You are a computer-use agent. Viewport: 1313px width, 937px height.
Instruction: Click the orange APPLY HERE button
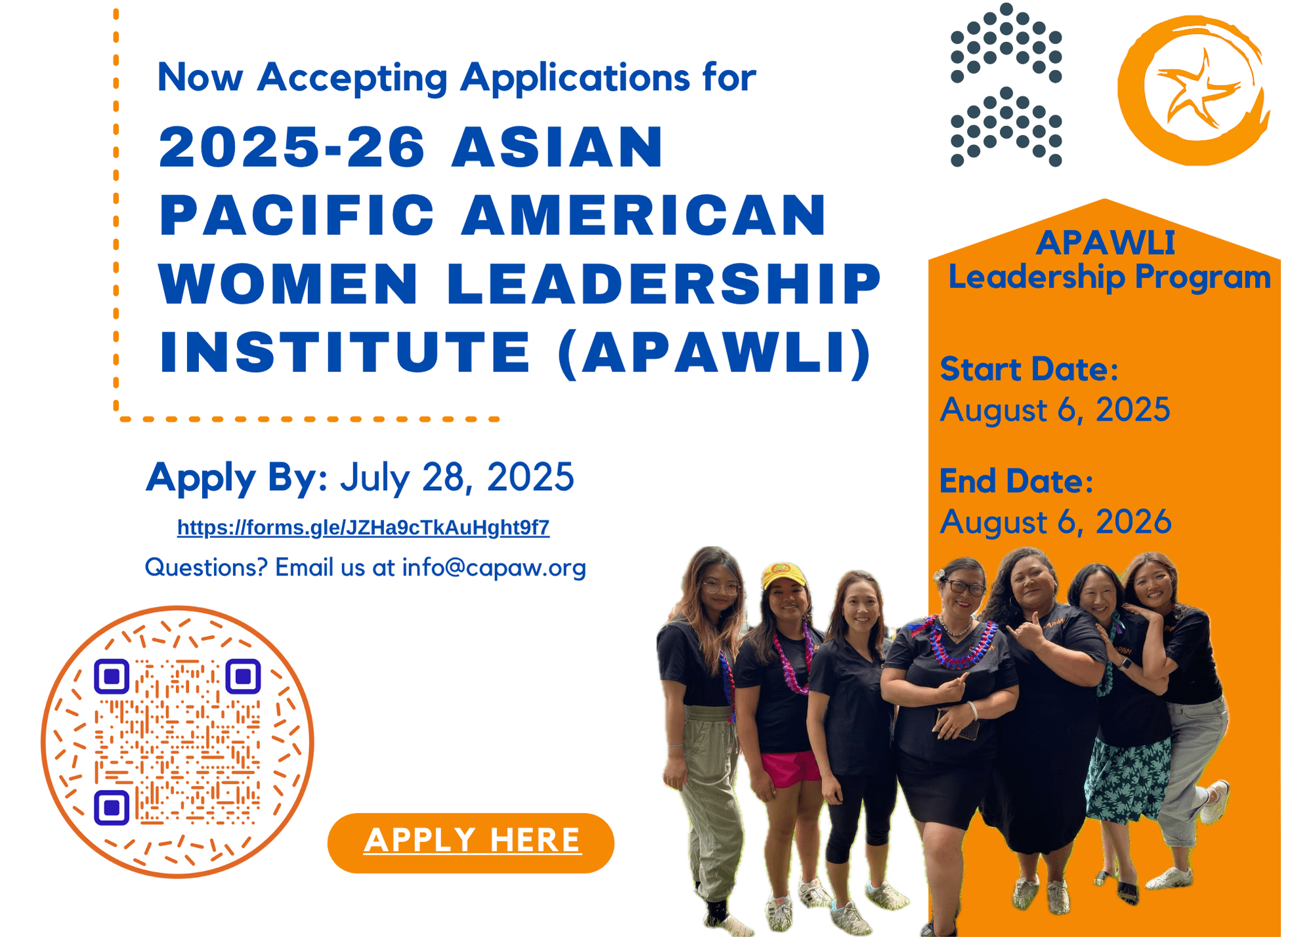[471, 843]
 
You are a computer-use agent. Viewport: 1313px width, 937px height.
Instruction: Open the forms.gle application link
[363, 528]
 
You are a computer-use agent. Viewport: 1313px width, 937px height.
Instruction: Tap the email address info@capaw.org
[494, 567]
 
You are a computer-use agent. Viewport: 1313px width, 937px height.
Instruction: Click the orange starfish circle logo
[1194, 90]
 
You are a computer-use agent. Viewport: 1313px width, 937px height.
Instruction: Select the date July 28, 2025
[457, 477]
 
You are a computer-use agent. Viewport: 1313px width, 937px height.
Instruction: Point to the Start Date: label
[1029, 369]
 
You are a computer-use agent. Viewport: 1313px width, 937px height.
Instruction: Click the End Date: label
[1016, 481]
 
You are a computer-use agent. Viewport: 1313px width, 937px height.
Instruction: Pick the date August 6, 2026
[1055, 522]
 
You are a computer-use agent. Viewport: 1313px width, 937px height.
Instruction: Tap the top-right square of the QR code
[243, 677]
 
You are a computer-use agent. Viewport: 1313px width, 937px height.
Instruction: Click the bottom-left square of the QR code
[112, 808]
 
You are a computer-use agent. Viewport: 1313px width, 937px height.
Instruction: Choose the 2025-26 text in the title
[293, 146]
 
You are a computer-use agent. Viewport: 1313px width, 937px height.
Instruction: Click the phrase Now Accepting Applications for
[456, 77]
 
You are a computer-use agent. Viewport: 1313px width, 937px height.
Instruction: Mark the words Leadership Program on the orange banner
[1109, 277]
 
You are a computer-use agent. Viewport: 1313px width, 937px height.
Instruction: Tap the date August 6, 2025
[1055, 410]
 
